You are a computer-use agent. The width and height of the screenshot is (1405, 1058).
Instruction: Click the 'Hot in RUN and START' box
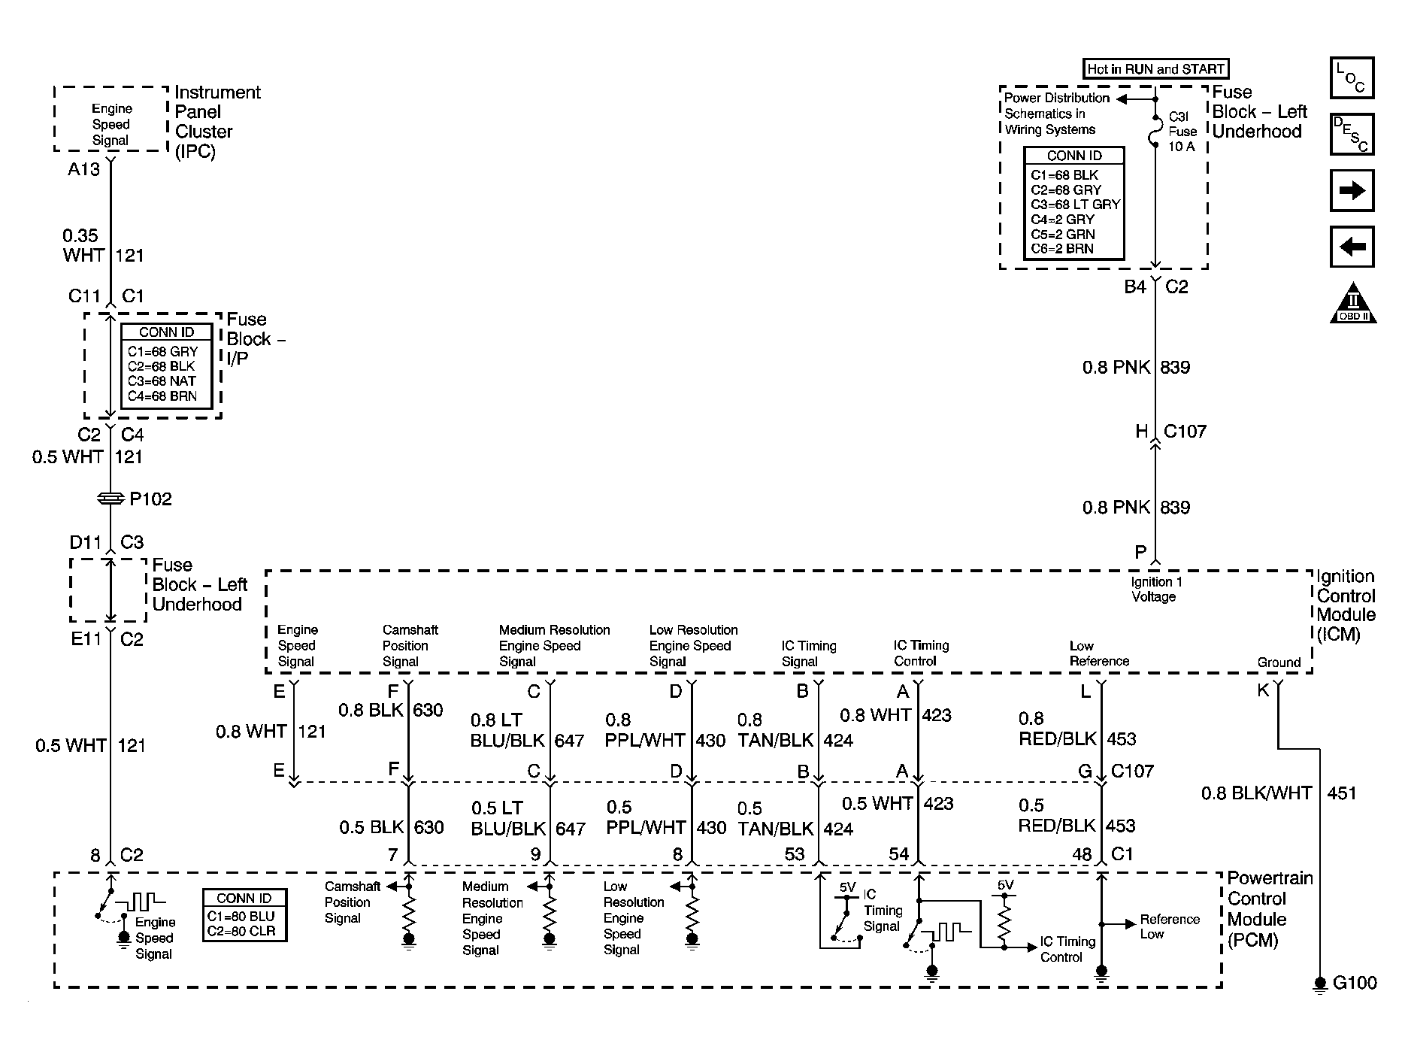coord(1155,69)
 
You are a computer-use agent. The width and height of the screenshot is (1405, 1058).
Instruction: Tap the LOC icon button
coord(1352,77)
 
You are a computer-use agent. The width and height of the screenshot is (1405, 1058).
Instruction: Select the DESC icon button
coord(1352,134)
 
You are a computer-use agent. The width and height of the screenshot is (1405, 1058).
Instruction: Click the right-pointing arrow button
coord(1352,190)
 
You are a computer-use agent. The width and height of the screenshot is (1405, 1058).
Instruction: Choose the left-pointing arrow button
coord(1352,247)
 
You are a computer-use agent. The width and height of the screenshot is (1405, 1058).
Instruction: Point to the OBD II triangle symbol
coord(1352,303)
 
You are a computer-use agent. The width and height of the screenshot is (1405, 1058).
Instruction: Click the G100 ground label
coord(1355,983)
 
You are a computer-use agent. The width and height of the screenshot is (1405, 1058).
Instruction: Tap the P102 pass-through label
coord(150,499)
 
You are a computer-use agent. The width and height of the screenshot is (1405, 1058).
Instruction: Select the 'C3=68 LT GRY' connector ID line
coord(1075,205)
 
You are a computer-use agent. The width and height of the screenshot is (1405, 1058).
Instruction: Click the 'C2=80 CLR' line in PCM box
coord(241,931)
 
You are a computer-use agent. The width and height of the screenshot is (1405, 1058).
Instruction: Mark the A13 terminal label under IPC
coord(83,169)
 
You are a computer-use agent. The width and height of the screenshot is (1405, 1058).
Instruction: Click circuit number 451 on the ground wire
coord(1342,793)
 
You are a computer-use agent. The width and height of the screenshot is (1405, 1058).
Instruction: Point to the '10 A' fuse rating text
coord(1181,147)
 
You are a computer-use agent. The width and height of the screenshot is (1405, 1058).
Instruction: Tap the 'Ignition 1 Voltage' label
coord(1153,590)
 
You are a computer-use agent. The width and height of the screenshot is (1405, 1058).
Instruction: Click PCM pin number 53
coord(795,854)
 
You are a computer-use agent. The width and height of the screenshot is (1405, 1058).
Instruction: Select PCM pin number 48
coord(1082,854)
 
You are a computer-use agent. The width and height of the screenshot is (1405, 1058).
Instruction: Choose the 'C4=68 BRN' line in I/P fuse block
coord(162,396)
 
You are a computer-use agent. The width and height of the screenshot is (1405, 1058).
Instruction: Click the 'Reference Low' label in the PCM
coord(1170,926)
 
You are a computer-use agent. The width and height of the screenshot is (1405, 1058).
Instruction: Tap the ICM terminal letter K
coord(1263,690)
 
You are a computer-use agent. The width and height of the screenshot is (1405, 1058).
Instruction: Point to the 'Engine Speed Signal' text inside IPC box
coord(111,125)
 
